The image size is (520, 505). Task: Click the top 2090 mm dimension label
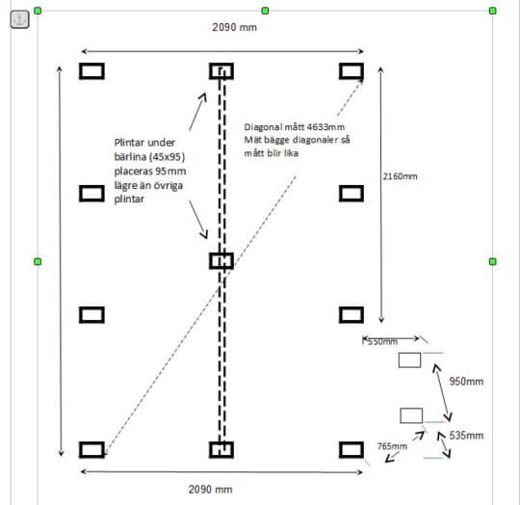(234, 27)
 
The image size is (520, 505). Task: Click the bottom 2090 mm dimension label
(210, 490)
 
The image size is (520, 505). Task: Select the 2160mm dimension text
(400, 176)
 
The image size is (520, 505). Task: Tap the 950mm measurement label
(466, 382)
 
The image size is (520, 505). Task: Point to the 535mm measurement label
(466, 436)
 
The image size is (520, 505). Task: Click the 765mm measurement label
(392, 446)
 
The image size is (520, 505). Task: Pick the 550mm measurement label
(382, 341)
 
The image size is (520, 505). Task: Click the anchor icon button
(19, 19)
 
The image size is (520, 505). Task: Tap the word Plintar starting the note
(130, 143)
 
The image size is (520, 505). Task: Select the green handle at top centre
(265, 11)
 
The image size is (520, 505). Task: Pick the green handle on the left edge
(38, 261)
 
